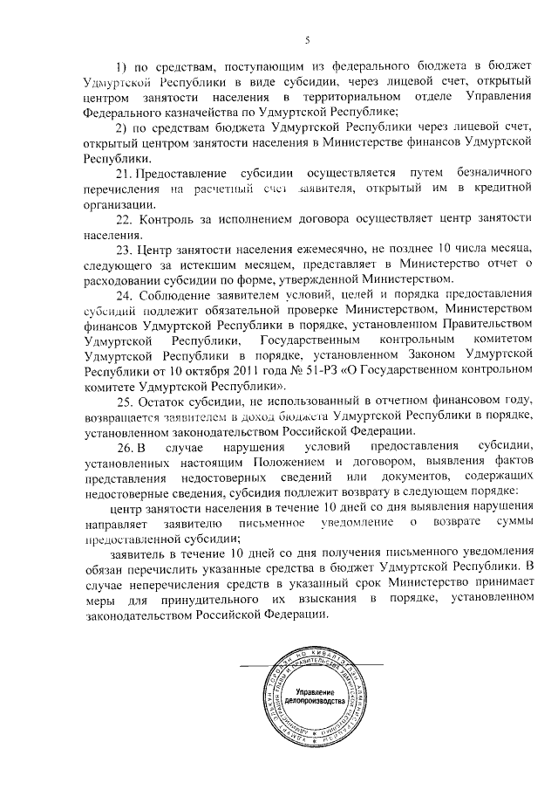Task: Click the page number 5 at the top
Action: pyautogui.click(x=307, y=38)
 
